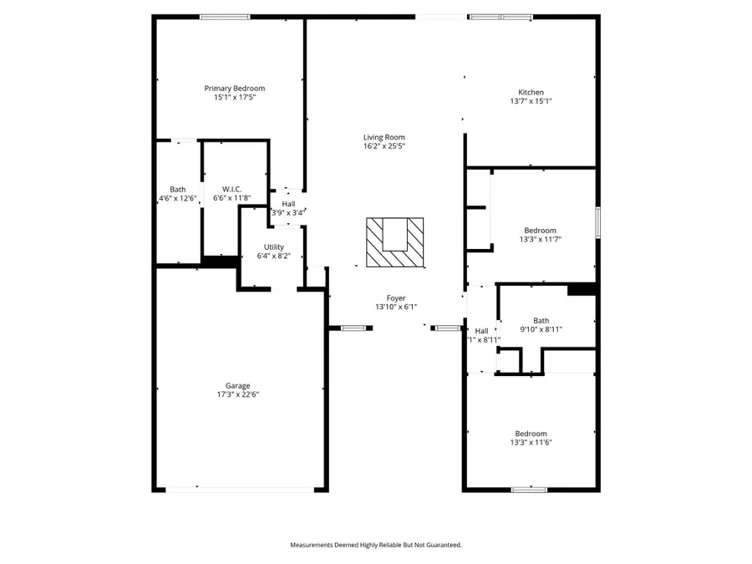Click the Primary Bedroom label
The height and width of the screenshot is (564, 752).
(x=235, y=89)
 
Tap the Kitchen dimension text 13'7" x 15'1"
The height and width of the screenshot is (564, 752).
(x=531, y=101)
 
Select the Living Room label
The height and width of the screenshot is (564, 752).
(x=384, y=137)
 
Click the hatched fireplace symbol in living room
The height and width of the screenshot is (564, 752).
(x=395, y=242)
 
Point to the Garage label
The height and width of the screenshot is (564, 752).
(x=238, y=385)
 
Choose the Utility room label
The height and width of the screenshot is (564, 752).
(x=274, y=246)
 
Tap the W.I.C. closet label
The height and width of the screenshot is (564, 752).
(x=232, y=189)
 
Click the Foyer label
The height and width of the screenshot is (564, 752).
(x=395, y=297)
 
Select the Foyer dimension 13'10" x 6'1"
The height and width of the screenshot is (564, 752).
(x=395, y=307)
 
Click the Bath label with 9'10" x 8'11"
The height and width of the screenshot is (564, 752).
(x=541, y=320)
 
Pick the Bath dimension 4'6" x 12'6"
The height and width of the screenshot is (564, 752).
(x=178, y=198)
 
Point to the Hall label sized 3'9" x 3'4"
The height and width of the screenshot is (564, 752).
(x=288, y=203)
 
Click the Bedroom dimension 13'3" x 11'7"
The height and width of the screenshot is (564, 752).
(x=539, y=239)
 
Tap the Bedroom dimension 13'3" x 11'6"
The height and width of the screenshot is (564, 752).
(x=531, y=442)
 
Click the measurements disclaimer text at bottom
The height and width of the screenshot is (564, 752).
(x=375, y=545)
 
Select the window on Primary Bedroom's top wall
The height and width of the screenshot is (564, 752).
(x=224, y=17)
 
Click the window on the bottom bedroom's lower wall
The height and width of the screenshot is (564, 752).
(x=529, y=489)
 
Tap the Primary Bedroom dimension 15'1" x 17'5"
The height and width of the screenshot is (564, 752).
(x=235, y=98)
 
